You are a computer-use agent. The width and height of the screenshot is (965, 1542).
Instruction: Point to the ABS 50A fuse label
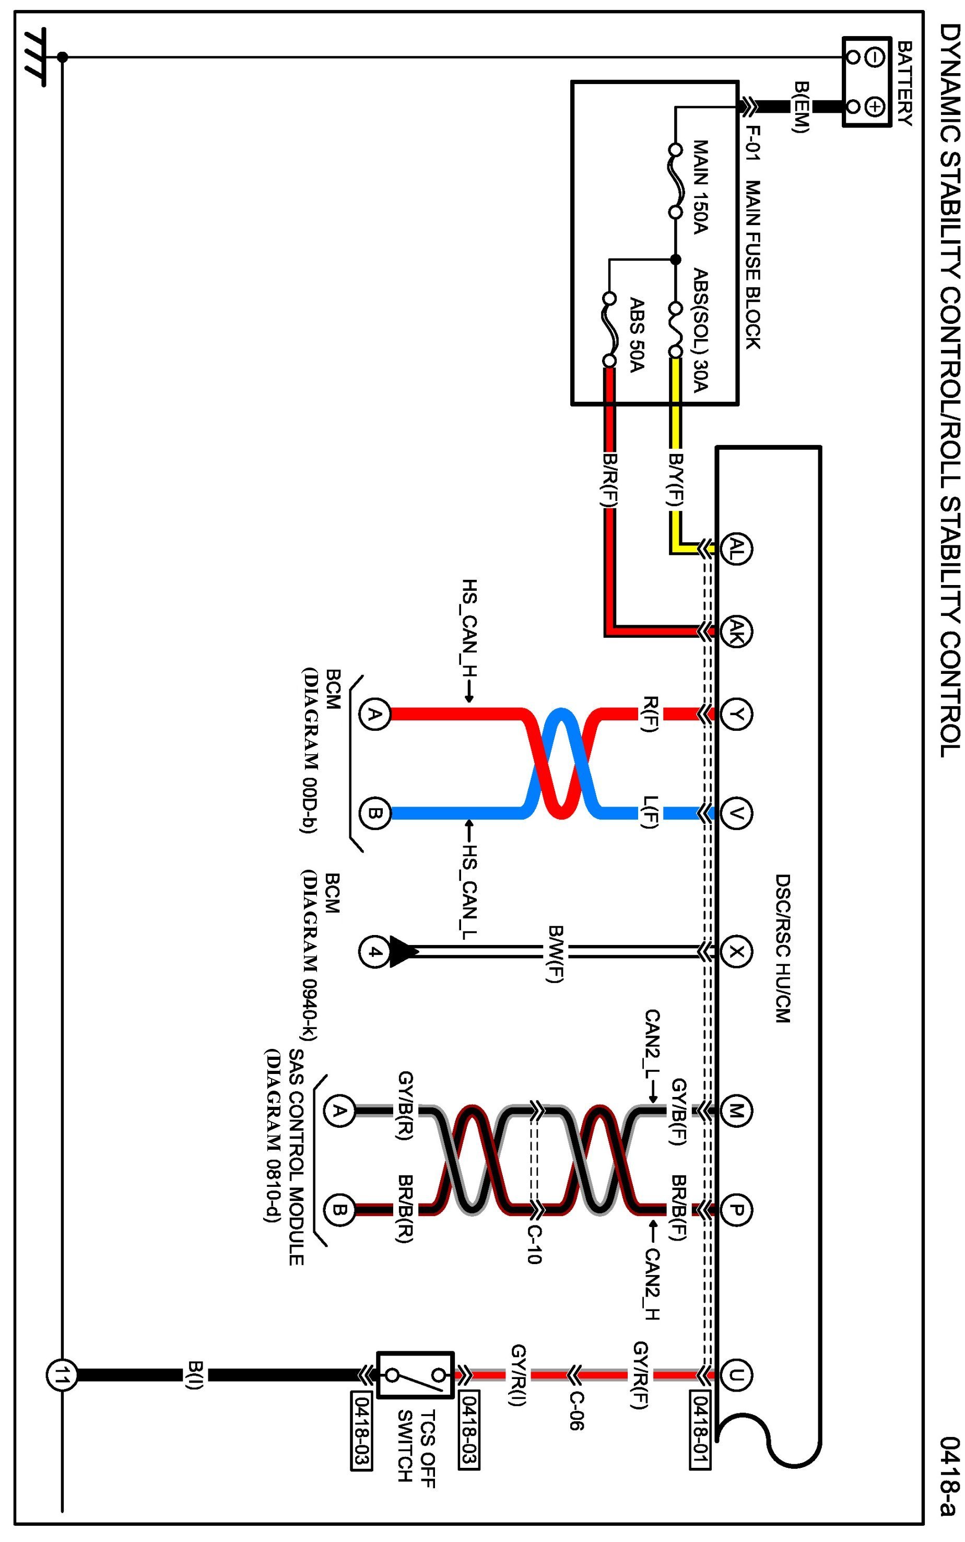click(x=637, y=335)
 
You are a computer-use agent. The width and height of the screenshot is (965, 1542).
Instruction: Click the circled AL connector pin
click(x=736, y=548)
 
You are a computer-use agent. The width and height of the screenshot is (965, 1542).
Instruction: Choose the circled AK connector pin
click(x=736, y=632)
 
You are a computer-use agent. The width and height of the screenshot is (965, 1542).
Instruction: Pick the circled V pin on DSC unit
click(x=736, y=813)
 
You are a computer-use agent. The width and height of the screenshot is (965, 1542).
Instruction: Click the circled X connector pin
click(x=736, y=952)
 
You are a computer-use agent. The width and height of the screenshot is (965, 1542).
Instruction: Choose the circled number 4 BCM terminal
click(x=374, y=952)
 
